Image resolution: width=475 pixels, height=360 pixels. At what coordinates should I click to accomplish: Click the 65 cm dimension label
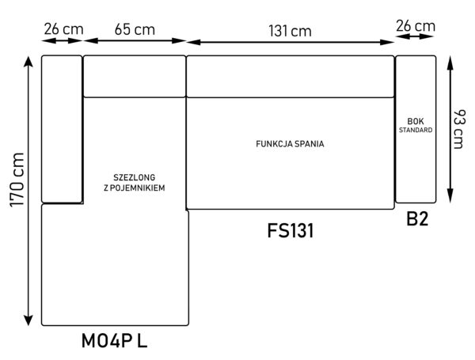135,30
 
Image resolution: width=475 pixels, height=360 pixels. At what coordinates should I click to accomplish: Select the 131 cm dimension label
290,31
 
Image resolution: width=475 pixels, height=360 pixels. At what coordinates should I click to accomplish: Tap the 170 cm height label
17,180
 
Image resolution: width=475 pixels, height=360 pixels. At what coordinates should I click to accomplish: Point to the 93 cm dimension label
458,129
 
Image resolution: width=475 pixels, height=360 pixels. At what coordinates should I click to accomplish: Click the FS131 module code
291,230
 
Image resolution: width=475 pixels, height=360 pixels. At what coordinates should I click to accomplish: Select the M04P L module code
114,340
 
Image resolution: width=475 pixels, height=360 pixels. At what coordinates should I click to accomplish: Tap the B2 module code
417,218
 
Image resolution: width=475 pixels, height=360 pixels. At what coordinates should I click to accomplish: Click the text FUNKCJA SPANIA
290,144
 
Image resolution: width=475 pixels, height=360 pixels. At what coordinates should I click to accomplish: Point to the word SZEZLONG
135,177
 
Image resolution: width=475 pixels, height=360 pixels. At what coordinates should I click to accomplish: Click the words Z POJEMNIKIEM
135,188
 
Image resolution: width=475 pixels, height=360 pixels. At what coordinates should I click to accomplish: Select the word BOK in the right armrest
416,121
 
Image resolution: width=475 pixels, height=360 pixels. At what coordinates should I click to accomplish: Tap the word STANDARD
416,130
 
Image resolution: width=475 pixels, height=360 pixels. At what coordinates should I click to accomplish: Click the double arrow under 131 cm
290,42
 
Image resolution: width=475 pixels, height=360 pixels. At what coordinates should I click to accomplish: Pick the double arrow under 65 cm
135,40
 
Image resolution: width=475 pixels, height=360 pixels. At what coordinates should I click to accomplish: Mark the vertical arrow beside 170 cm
28,191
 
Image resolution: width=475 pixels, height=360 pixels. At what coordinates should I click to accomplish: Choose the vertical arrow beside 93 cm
450,129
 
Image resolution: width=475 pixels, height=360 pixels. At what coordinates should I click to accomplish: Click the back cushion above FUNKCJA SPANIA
291,76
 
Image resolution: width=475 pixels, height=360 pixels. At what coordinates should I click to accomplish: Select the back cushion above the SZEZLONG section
135,76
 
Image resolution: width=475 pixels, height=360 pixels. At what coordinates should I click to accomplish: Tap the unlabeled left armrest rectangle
62,129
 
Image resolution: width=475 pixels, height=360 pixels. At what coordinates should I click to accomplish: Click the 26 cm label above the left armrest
63,29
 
